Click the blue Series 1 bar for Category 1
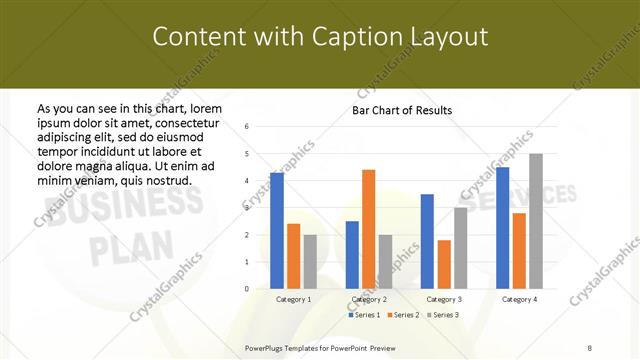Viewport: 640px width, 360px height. pos(277,231)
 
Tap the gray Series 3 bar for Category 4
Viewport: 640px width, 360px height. pos(536,221)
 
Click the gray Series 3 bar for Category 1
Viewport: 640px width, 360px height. pos(310,262)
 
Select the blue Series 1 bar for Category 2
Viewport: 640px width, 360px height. pos(352,255)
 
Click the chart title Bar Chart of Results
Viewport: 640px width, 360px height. pos(402,110)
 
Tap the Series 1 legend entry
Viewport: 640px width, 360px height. pos(365,315)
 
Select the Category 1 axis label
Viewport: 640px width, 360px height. pos(294,299)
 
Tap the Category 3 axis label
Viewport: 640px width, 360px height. pos(443,299)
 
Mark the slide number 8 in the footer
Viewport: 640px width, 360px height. pos(590,347)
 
